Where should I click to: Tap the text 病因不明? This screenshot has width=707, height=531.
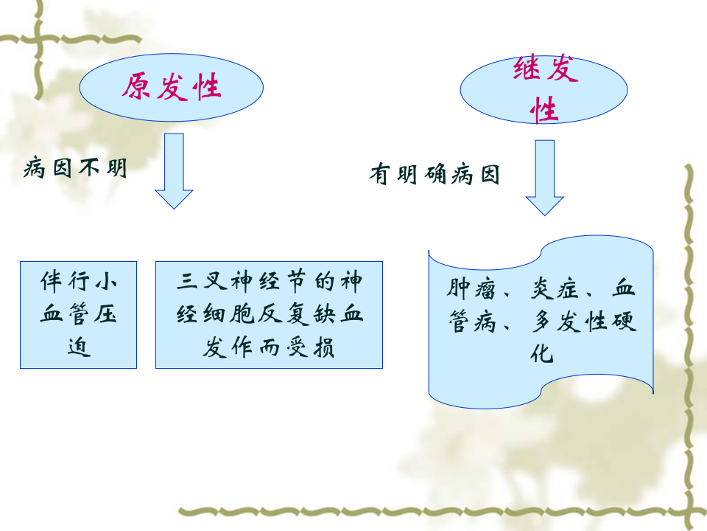(76, 168)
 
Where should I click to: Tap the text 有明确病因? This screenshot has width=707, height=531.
(435, 176)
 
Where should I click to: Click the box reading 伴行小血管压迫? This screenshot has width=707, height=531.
(78, 314)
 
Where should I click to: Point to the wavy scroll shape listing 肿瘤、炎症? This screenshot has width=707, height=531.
(541, 324)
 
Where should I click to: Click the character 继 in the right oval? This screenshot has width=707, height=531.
(527, 72)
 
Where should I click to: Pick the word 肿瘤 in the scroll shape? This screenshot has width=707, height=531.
(472, 288)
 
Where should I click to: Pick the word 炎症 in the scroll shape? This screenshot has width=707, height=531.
(557, 288)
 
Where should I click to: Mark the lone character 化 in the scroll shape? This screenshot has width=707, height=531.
(541, 354)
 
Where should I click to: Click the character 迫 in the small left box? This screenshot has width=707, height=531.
(78, 347)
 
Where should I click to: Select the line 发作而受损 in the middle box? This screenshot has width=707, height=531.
(269, 347)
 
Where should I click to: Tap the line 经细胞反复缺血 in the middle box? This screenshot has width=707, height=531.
(269, 315)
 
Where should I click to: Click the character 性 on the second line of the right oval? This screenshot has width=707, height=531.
(545, 111)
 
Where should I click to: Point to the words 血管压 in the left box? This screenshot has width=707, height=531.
(78, 315)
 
